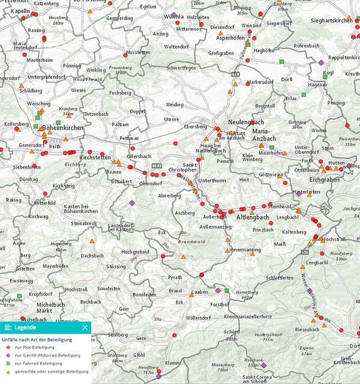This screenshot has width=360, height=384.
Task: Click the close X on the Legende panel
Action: [85, 328]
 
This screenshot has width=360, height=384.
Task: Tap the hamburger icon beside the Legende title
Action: [8, 328]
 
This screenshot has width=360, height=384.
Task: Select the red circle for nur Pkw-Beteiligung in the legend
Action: [7, 347]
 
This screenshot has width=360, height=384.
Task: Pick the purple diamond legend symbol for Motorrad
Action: [7, 355]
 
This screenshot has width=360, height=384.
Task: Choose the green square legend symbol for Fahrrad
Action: [7, 364]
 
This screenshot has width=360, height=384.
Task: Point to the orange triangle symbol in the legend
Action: [7, 372]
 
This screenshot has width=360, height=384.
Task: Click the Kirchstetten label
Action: [99, 157]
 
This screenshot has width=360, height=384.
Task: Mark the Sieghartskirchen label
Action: [332, 20]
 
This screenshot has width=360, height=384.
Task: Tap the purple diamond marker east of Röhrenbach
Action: [321, 62]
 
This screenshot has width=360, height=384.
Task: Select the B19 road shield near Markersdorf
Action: [236, 73]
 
